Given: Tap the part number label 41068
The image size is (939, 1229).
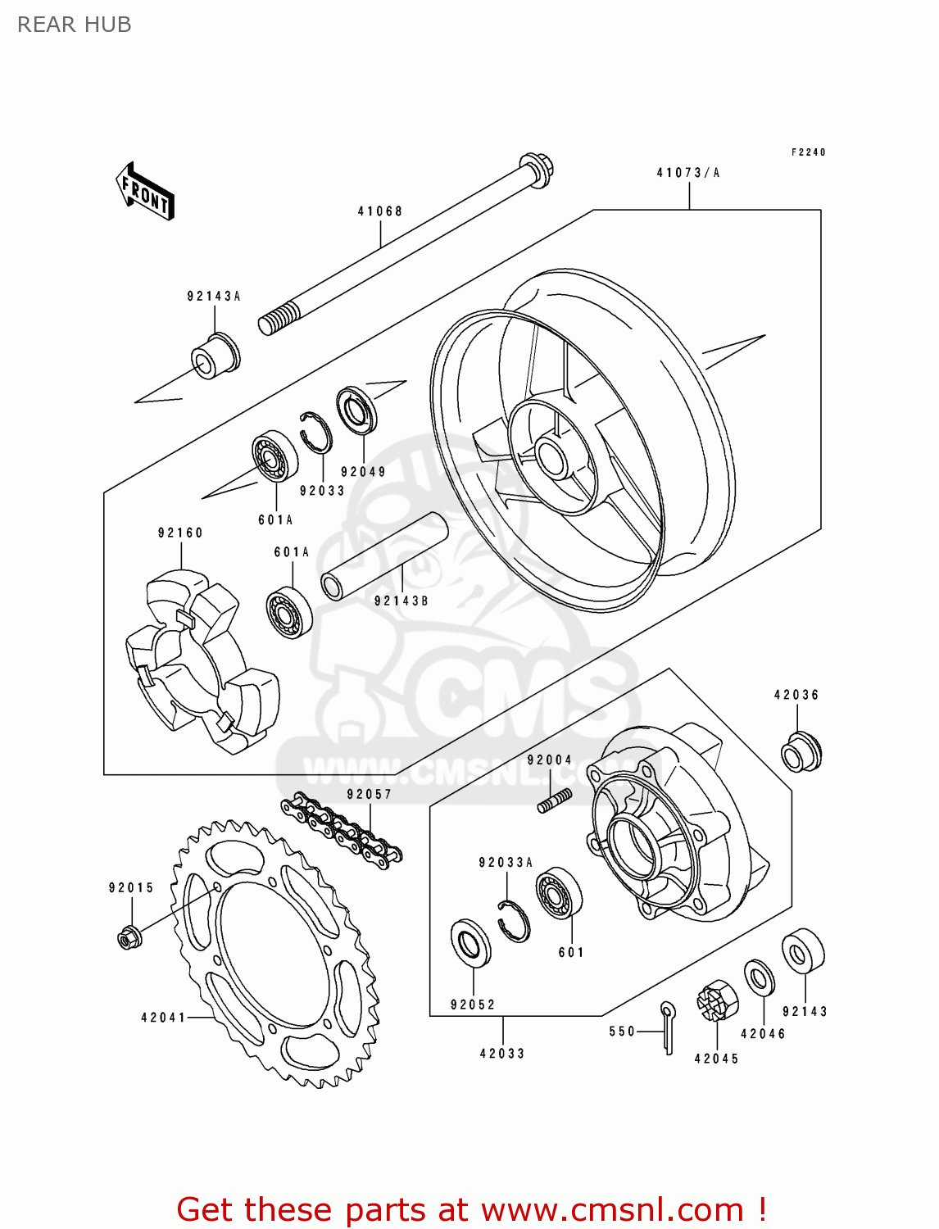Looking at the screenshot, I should tap(380, 211).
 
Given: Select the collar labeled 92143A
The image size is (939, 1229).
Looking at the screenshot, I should tap(215, 356).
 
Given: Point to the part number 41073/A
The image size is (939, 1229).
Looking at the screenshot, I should tap(688, 173).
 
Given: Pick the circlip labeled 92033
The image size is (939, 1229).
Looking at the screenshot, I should tap(315, 431).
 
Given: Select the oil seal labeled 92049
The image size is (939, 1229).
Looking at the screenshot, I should tap(357, 410).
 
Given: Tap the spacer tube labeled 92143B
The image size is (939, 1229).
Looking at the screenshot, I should tap(384, 557).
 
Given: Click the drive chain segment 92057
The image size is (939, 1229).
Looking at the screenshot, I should tap(341, 828).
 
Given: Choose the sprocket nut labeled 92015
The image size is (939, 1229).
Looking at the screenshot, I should tap(128, 936).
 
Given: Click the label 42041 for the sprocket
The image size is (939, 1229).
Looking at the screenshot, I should tap(164, 1018).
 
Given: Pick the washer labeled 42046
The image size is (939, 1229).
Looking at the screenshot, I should tap(760, 978).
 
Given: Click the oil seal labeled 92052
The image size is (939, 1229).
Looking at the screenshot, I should tap(471, 943).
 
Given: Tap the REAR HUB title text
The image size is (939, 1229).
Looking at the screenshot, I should tap(75, 25).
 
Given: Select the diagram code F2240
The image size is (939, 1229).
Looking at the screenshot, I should tap(808, 152).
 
